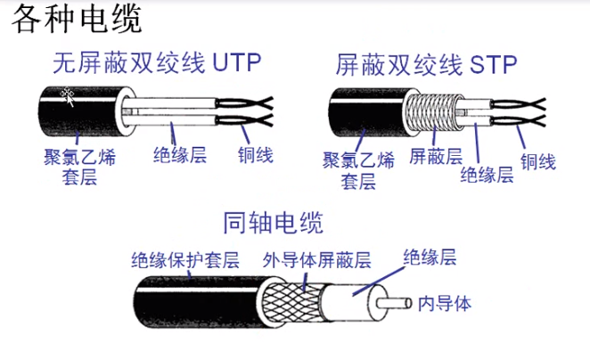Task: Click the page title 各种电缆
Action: point(77,19)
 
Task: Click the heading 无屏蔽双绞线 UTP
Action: point(157,62)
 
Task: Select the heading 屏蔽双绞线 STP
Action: point(426,65)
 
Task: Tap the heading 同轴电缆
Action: point(274,223)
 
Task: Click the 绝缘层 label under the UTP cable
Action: point(180,155)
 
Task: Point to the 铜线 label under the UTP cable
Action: point(256,155)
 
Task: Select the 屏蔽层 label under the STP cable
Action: point(436,156)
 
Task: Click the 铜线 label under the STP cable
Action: point(538,162)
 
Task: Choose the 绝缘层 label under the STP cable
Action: point(487,175)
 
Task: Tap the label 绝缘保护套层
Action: point(185,260)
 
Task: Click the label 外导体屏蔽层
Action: point(316,260)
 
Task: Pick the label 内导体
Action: point(445,304)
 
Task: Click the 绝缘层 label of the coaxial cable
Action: point(430,258)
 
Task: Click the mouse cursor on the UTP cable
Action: point(68,96)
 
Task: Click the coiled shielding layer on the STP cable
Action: point(433,111)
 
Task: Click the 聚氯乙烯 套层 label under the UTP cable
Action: point(80,167)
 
